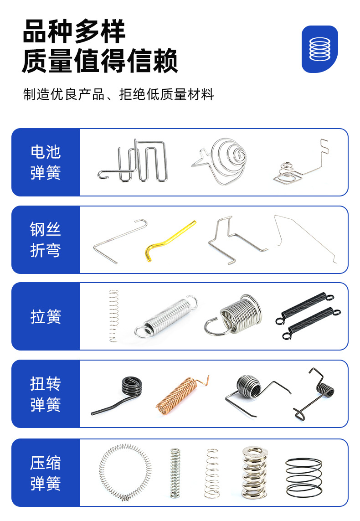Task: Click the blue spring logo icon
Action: pyautogui.click(x=319, y=49)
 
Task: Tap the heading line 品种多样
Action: pyautogui.click(x=74, y=31)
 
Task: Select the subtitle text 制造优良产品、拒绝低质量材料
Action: pyautogui.click(x=118, y=95)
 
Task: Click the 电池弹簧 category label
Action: pyautogui.click(x=46, y=162)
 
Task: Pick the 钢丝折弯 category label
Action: pyautogui.click(x=46, y=240)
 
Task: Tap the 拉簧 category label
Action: pyautogui.click(x=46, y=316)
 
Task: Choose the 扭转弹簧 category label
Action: pyautogui.click(x=46, y=394)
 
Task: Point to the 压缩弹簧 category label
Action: pyautogui.click(x=46, y=473)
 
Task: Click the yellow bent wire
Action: pyautogui.click(x=169, y=241)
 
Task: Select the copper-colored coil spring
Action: pyautogui.click(x=179, y=395)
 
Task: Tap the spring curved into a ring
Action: pyautogui.click(x=124, y=473)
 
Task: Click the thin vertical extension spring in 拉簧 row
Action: pyautogui.click(x=113, y=315)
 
